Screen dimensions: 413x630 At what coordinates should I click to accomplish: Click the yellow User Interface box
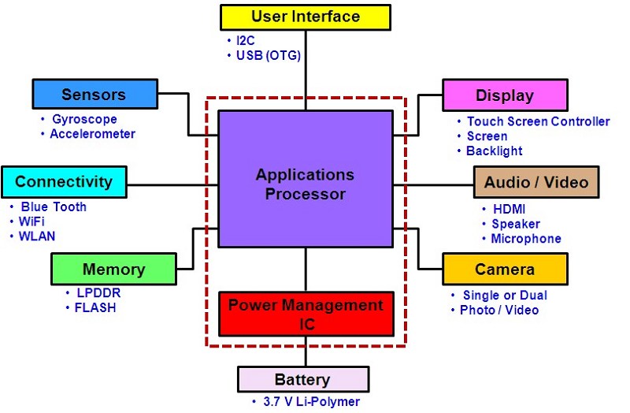tap(306, 17)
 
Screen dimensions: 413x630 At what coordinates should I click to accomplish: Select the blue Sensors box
tap(93, 95)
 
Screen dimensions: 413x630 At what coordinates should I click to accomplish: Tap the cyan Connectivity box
tap(64, 182)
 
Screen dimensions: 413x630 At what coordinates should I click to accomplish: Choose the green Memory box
tap(113, 269)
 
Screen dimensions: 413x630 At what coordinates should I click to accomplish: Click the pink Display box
tap(504, 95)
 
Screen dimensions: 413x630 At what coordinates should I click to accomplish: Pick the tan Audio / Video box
tap(535, 182)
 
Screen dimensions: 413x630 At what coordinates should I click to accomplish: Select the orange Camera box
tap(504, 269)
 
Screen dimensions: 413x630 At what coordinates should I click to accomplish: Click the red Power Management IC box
tap(306, 312)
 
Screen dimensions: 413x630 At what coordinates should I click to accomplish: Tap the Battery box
tap(302, 380)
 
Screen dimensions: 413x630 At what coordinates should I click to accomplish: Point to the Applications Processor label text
tap(306, 184)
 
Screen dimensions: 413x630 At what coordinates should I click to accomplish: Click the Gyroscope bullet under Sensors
tap(84, 120)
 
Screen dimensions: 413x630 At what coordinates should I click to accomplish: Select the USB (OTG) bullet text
tap(269, 55)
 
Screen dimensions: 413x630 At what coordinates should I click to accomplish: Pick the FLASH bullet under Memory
tap(95, 307)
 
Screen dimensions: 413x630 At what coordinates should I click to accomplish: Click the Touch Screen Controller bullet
tap(538, 121)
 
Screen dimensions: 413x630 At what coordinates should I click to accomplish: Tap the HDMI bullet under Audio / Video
tap(507, 209)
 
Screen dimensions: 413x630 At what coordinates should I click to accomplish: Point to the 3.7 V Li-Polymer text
tap(310, 402)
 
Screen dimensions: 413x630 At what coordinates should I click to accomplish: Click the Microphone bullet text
tap(526, 239)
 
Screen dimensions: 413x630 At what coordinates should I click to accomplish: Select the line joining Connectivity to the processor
tap(172, 186)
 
